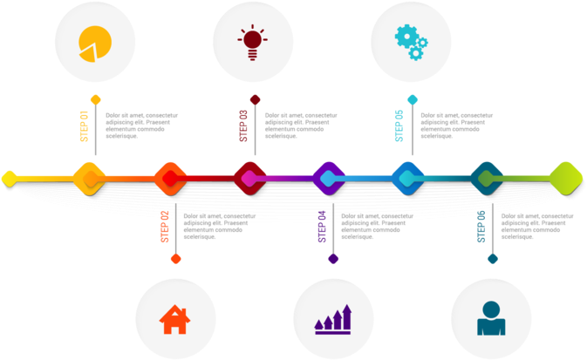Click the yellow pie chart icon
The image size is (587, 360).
[95, 43]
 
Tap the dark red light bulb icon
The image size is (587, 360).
[252, 42]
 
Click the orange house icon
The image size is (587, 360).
[174, 319]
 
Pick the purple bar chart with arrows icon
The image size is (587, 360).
[333, 319]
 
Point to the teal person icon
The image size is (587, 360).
[491, 319]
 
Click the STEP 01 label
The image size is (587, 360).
[84, 126]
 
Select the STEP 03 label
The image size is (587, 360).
[243, 126]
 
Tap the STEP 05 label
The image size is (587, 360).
[399, 126]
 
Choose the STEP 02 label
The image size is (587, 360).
[164, 227]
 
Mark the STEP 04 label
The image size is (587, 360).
[322, 227]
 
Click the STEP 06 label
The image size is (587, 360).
[481, 227]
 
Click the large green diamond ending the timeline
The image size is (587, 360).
[565, 178]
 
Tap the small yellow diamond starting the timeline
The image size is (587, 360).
[9, 178]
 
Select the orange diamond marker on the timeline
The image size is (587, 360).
[169, 178]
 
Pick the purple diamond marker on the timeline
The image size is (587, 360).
[328, 178]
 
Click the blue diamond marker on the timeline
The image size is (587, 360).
[406, 178]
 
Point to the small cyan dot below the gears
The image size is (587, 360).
[412, 99]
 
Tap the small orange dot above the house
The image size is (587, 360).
[175, 259]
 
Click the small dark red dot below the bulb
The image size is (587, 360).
[255, 99]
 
